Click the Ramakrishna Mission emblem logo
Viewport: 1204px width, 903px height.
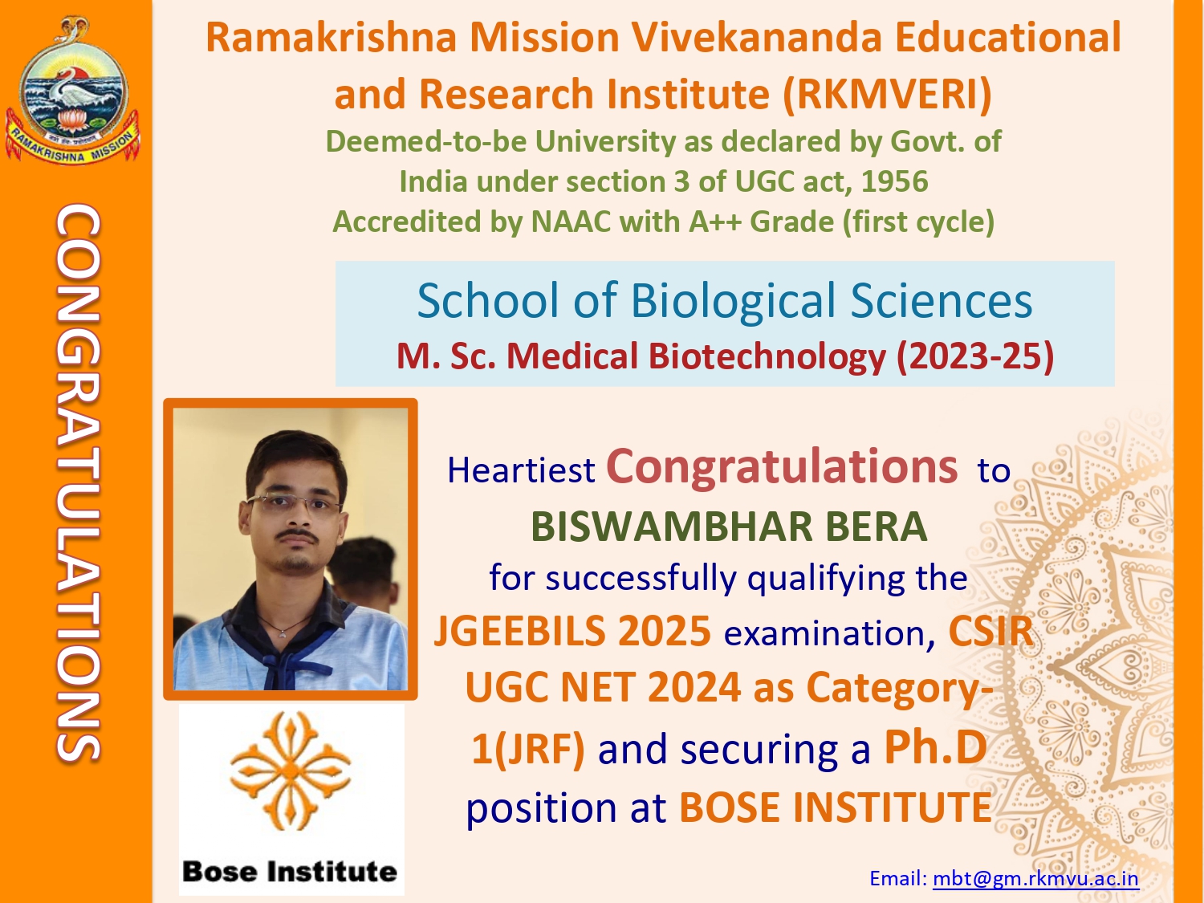point(72,91)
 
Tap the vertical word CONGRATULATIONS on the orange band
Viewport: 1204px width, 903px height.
point(78,482)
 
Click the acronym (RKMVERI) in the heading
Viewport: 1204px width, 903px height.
point(888,94)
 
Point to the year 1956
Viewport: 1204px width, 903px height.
point(895,181)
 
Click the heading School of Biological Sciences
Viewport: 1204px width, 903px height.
point(725,300)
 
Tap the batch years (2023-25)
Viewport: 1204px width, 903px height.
point(974,356)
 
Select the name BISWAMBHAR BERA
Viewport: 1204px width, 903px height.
point(729,527)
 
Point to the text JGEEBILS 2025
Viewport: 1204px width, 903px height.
point(572,631)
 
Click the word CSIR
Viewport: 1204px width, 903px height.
point(990,631)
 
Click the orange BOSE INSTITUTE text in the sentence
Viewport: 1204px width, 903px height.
point(836,807)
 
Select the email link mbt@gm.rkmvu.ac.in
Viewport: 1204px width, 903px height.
point(1035,879)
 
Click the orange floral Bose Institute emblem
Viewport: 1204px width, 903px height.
point(291,771)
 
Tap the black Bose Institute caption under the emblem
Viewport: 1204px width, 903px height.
point(290,872)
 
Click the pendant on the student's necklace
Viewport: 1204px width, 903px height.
point(282,634)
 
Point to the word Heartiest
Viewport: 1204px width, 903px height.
point(521,470)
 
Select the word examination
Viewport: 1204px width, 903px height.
point(830,634)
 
